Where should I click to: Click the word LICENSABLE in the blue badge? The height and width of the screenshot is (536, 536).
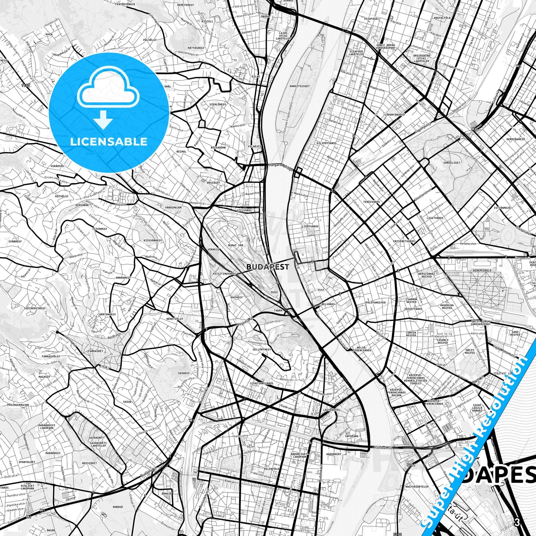click(109, 141)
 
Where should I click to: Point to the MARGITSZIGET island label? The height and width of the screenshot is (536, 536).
click(300, 86)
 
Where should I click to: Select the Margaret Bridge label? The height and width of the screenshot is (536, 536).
click(280, 166)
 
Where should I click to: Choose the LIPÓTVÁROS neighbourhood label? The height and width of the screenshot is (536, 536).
click(310, 226)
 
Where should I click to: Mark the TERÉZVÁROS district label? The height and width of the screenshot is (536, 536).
click(371, 202)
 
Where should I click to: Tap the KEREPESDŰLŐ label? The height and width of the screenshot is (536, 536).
click(482, 270)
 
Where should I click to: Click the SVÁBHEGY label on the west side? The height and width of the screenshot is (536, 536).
click(15, 241)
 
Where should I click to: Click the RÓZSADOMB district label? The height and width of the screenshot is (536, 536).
click(218, 148)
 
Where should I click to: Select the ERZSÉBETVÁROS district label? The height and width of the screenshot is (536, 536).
click(404, 241)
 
